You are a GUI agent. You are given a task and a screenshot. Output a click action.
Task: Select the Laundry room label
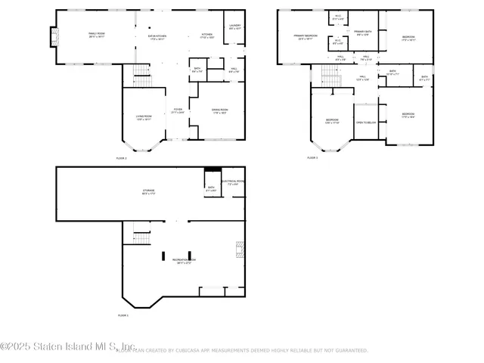pyautogui.click(x=234, y=27)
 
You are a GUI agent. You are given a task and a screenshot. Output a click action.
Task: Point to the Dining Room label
pyautogui.click(x=220, y=112)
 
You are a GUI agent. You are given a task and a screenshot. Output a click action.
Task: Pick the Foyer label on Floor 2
pyautogui.click(x=178, y=111)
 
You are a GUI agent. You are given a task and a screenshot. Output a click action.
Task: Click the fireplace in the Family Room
pyautogui.click(x=53, y=37)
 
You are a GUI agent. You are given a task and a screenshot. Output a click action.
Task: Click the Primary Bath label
pyautogui.click(x=362, y=33)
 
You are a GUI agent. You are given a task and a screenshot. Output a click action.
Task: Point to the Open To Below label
pyautogui.click(x=366, y=122)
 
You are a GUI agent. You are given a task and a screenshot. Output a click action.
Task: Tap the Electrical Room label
pyautogui.click(x=233, y=182)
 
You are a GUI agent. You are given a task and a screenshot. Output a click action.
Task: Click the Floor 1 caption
pyautogui.click(x=123, y=315)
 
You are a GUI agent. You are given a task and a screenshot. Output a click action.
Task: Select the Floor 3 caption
pyautogui.click(x=312, y=157)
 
